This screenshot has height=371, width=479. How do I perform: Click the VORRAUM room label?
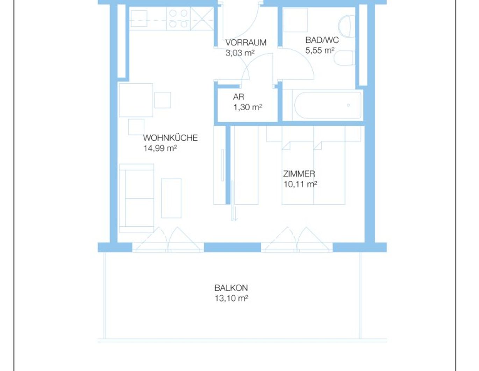245,42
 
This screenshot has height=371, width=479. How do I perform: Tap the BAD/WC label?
322,40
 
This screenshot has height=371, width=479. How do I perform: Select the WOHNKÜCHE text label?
170,138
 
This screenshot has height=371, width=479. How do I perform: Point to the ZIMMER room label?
299,174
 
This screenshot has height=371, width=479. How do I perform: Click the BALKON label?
231,288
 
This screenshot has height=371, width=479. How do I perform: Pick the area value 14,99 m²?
160,148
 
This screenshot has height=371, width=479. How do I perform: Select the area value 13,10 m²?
231,299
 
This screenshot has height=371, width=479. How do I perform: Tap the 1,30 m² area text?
248,107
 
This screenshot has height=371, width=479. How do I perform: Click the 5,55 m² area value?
320,50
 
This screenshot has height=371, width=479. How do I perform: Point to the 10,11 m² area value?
300,184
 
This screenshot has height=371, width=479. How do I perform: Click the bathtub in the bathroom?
328,105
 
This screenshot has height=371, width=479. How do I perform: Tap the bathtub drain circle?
349,105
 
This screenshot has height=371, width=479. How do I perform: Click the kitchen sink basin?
139,19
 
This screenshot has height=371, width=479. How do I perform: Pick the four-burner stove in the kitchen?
178,19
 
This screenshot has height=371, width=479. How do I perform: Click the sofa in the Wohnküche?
136,198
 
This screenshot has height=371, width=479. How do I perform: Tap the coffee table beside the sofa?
171,198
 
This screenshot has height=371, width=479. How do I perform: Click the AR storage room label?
238,97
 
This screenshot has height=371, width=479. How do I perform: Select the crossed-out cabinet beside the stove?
202,19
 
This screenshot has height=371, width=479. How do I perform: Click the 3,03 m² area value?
240,53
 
